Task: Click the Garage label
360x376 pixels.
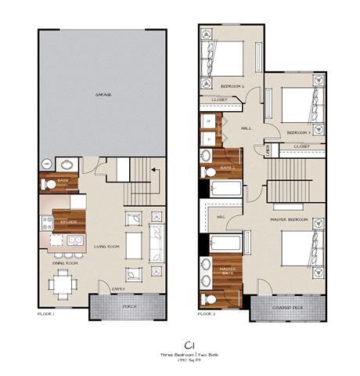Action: (x=103, y=94)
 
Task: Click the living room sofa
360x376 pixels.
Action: (x=156, y=242)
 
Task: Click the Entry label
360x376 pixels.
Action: (x=119, y=287)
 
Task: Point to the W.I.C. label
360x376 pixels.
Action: (x=221, y=215)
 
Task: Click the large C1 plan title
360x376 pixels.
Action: (x=189, y=344)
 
